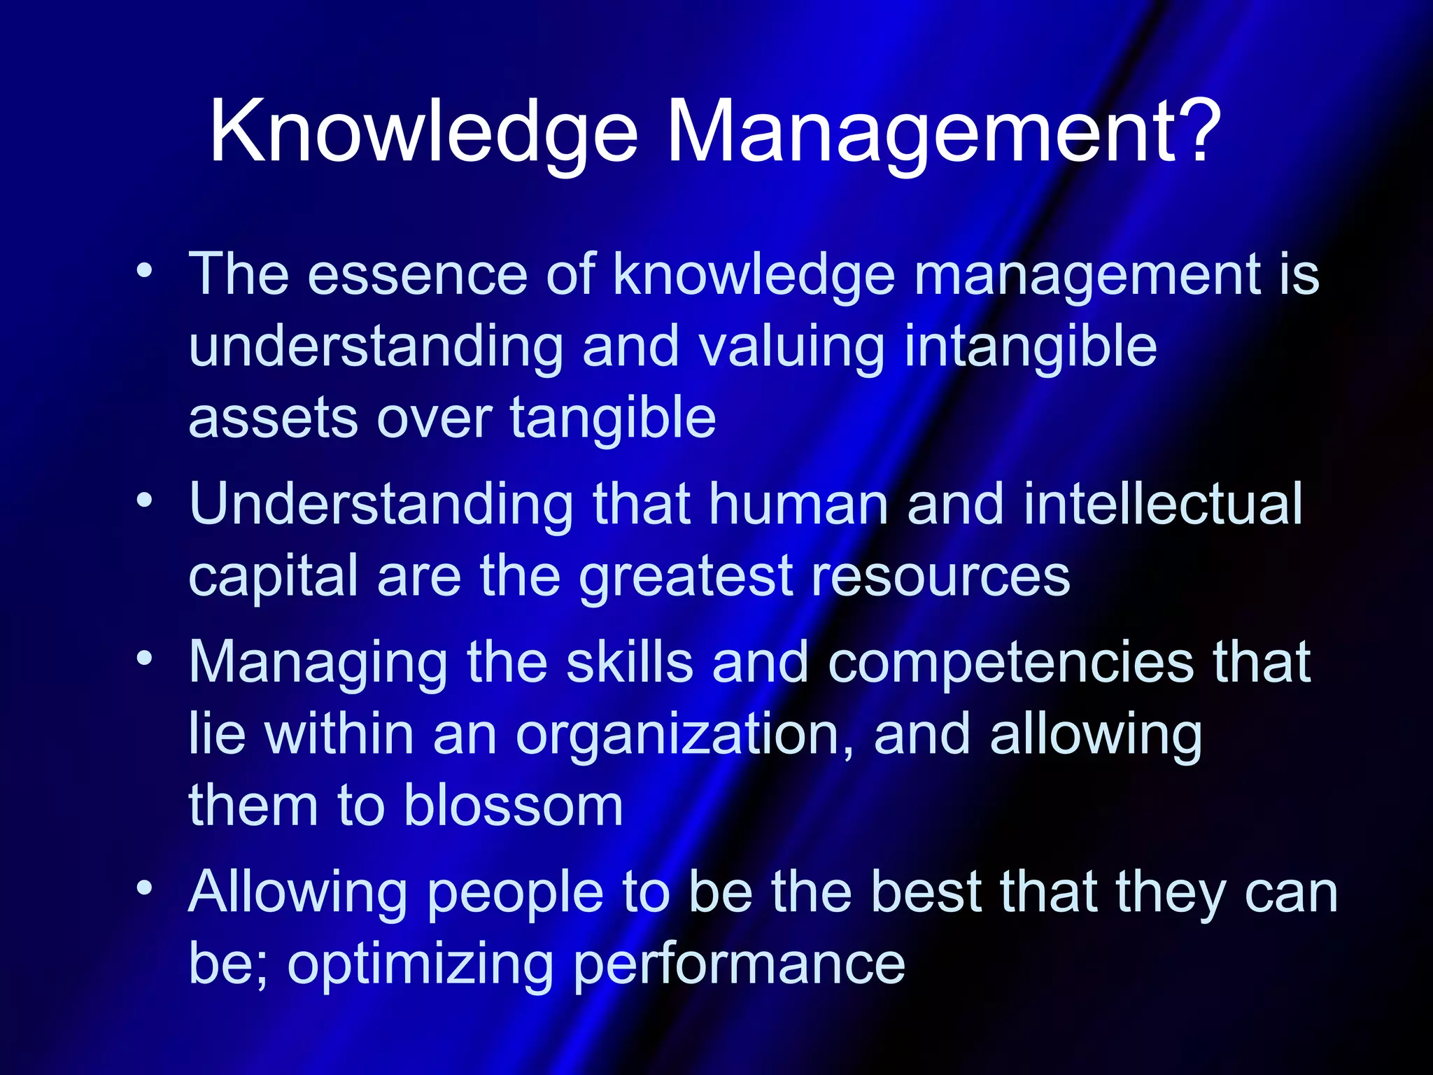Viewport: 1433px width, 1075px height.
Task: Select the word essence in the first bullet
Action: click(x=417, y=274)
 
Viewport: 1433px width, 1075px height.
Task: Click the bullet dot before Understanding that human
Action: click(x=144, y=500)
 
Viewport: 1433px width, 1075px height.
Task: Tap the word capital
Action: click(x=274, y=577)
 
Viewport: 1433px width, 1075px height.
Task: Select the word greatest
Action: click(x=685, y=577)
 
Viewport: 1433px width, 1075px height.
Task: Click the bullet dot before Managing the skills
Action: click(x=144, y=658)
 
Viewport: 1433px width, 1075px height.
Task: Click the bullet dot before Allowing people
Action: click(x=144, y=887)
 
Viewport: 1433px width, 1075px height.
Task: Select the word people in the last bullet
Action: click(x=515, y=894)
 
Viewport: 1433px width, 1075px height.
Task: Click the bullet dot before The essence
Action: click(x=144, y=271)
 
